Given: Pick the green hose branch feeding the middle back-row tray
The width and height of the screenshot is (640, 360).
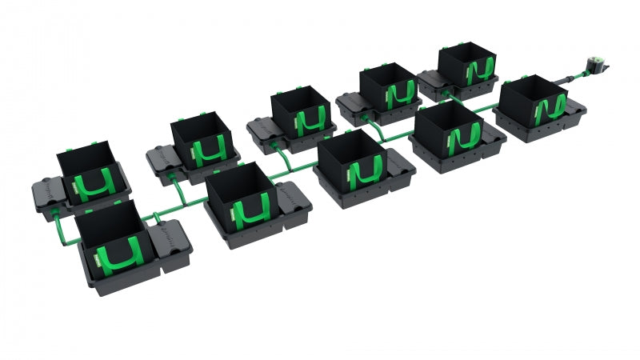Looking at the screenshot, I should pos(276,152).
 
